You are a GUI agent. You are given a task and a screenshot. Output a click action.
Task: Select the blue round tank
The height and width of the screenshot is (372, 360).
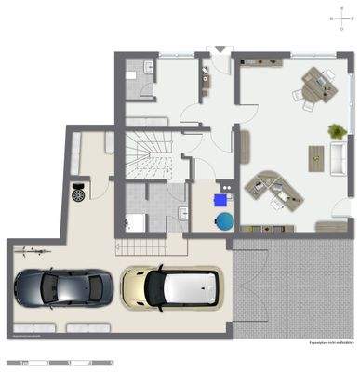pyautogui.click(x=225, y=220)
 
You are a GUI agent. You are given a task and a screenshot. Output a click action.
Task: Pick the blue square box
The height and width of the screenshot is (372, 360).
pyautogui.click(x=220, y=196)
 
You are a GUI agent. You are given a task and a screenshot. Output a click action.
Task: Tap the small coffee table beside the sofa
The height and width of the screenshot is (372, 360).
pyautogui.click(x=313, y=154)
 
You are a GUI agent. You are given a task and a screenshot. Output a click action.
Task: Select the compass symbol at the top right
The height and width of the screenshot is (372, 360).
pyautogui.click(x=337, y=18)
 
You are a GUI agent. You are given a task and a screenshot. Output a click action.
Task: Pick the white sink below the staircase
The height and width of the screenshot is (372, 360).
pyautogui.click(x=135, y=221)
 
